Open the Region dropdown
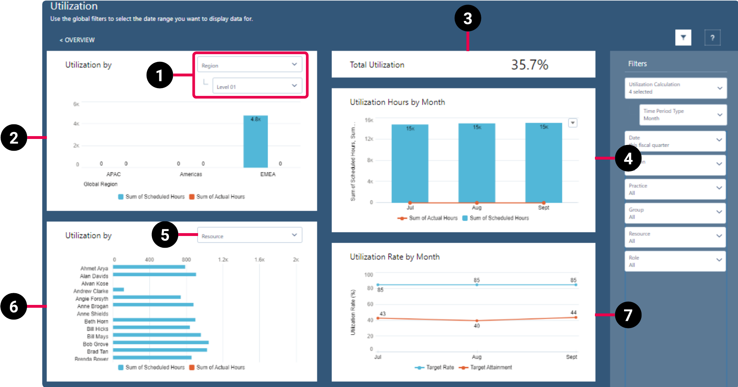tap(249, 65)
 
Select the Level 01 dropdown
tap(257, 86)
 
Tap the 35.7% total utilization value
tap(529, 65)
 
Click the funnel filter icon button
tap(683, 38)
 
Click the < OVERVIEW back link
tap(77, 40)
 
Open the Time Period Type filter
tap(682, 114)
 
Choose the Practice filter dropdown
tap(675, 189)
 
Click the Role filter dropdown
tap(675, 261)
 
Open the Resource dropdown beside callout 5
tap(249, 235)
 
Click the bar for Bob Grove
tap(160, 343)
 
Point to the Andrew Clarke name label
tap(91, 291)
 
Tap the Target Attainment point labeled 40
tap(476, 321)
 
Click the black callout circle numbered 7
tap(628, 315)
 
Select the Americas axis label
tap(191, 174)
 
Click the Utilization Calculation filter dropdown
tap(675, 88)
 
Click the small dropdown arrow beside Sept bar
tap(572, 123)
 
